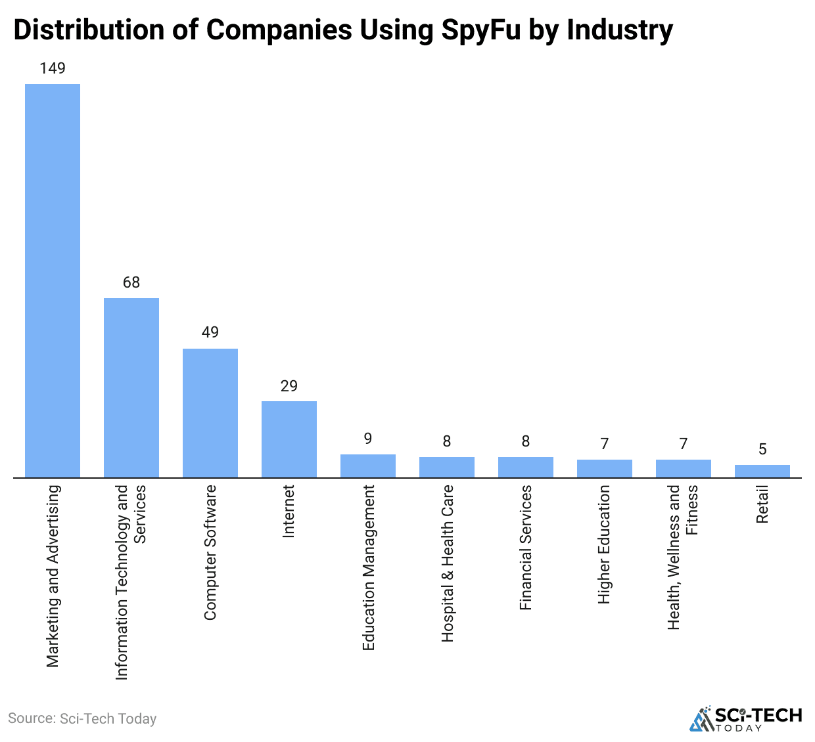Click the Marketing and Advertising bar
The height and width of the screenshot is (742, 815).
coord(53,281)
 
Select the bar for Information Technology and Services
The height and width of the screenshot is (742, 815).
coord(131,388)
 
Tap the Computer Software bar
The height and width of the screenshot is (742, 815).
coord(210,413)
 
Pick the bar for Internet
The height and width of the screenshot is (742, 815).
coord(289,439)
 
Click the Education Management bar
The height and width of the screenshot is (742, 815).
coord(368,466)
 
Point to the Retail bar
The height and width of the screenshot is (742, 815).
coord(762,471)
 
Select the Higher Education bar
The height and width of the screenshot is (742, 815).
coord(605,469)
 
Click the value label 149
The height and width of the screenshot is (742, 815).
coord(53,68)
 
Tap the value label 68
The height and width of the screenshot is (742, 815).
coord(131,282)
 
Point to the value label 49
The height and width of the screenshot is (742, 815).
coord(210,332)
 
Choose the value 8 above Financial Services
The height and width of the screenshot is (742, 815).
coord(526,441)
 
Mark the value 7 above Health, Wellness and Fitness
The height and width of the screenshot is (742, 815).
coord(684,444)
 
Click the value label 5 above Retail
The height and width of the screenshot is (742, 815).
coord(762,449)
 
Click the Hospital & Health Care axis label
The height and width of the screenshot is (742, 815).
coord(448,563)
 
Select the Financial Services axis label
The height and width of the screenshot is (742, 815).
coord(526,548)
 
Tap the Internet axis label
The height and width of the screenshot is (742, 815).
coord(289,512)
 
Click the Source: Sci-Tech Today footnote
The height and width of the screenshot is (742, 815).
coord(82,718)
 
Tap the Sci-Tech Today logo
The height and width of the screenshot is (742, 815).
coord(745,718)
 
